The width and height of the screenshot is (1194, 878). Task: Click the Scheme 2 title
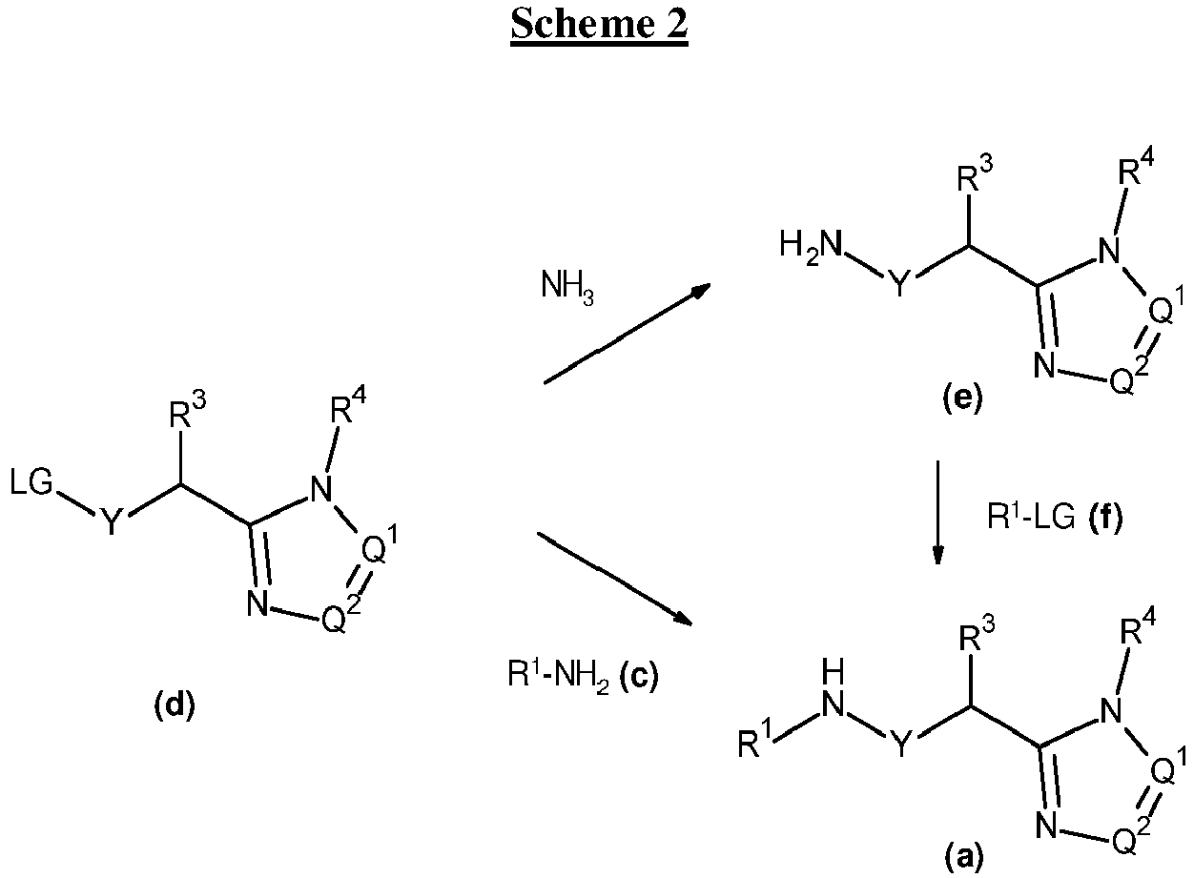point(599,25)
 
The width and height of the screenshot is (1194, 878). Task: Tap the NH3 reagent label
point(567,288)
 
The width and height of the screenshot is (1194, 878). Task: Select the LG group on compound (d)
point(31,481)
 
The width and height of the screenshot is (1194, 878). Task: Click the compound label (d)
point(175,704)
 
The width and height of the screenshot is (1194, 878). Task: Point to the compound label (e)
point(962,399)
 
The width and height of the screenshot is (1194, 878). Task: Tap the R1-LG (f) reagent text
point(1055,516)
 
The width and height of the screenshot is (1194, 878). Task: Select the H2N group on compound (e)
point(812,247)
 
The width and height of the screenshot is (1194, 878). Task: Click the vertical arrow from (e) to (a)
point(937,513)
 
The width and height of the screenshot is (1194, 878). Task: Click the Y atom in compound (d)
point(112,521)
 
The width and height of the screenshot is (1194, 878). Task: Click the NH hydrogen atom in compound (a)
point(833,672)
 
